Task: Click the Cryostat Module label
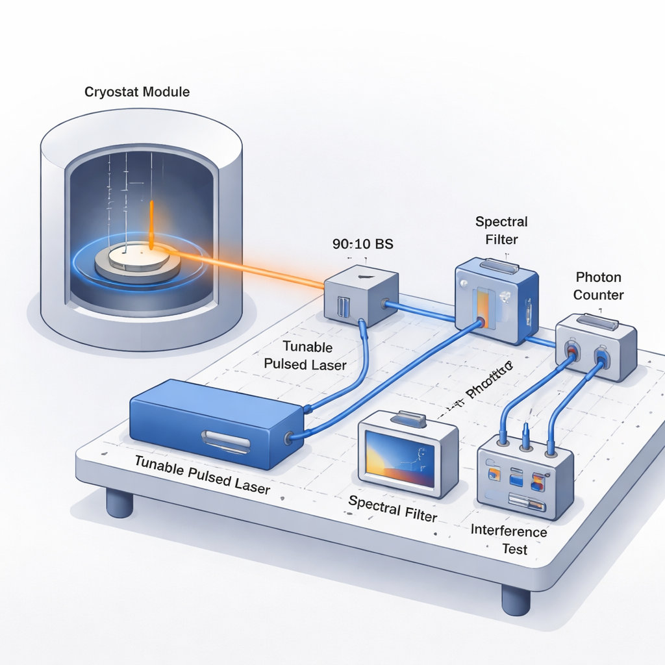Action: [137, 92]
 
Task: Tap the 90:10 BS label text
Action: [362, 245]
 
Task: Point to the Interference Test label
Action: [509, 540]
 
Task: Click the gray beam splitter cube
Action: [361, 295]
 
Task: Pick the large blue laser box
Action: [216, 422]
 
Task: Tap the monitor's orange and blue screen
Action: [399, 458]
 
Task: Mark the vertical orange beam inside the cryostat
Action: [151, 224]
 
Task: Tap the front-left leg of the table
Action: [119, 503]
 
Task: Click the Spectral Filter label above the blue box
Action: [501, 230]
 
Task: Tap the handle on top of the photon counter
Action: [596, 321]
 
